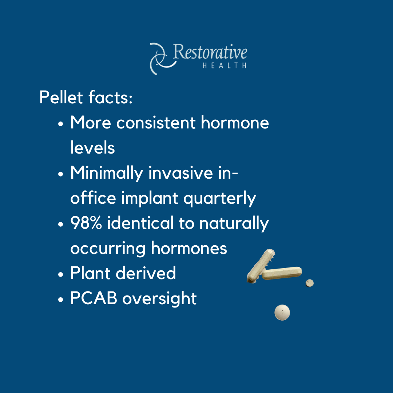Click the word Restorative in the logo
tap(210, 52)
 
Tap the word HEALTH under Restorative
tap(224, 65)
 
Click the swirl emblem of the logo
tap(162, 59)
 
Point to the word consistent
tap(156, 123)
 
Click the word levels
tap(92, 147)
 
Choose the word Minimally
tap(107, 174)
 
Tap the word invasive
tap(181, 173)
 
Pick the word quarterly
tap(220, 199)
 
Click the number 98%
tap(86, 223)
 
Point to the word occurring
tap(108, 249)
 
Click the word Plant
tap(90, 273)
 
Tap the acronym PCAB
tap(94, 298)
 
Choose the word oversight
tap(159, 299)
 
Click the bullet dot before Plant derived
tap(60, 274)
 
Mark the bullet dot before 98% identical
tap(60, 224)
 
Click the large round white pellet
tap(282, 313)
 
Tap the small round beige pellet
tap(310, 283)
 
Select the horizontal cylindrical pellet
tap(282, 273)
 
